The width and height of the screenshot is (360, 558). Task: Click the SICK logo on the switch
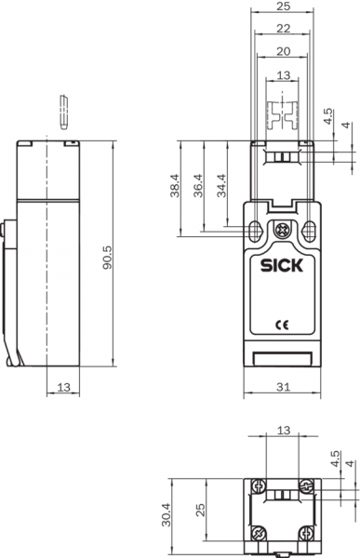[x=281, y=265]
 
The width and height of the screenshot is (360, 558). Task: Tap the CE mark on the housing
[x=283, y=325]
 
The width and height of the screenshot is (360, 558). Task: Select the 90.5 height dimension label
[x=108, y=258]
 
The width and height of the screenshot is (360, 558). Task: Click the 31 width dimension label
[x=283, y=387]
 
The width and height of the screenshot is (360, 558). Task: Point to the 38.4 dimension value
[x=175, y=185]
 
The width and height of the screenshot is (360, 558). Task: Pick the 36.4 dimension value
[x=197, y=185]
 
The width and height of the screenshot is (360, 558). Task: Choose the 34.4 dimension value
[x=221, y=185]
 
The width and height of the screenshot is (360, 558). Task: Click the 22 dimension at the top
[x=284, y=29]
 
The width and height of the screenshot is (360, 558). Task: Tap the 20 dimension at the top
[x=284, y=51]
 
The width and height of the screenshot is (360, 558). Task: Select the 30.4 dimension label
[x=167, y=514]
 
